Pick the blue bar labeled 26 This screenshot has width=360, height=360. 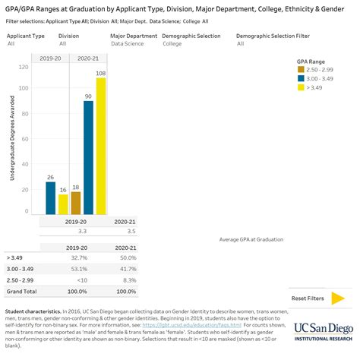click(x=51, y=197)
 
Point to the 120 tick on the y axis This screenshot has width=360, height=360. click(x=26, y=67)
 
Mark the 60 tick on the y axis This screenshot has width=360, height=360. click(x=26, y=140)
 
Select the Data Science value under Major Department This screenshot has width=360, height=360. click(x=126, y=44)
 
